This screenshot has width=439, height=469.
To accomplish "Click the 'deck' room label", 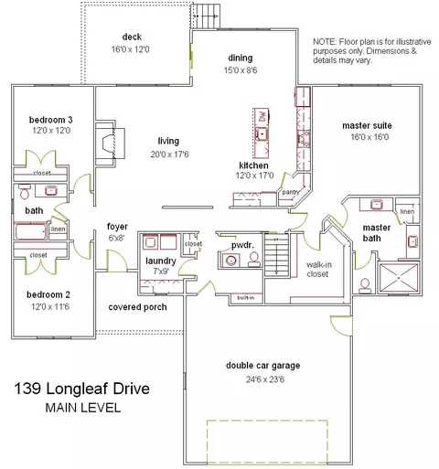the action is (132, 37).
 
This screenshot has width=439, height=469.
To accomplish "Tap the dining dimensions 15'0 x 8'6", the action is (241, 70).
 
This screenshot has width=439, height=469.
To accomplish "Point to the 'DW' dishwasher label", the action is (262, 117).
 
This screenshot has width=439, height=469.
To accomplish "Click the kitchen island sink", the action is (262, 134).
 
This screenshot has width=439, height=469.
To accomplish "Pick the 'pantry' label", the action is (290, 192).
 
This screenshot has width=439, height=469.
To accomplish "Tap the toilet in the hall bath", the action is (24, 191).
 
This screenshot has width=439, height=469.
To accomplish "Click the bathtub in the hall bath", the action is (30, 231).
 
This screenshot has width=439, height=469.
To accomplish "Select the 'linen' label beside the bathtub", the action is (59, 229).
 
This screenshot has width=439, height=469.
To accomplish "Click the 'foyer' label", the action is (117, 227).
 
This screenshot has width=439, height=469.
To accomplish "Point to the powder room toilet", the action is (253, 260).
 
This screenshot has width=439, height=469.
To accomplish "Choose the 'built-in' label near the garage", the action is (246, 297).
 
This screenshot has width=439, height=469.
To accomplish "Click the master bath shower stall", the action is (399, 278).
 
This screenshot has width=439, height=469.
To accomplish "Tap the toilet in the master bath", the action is (365, 286).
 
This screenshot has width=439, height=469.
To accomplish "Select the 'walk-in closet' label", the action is (318, 270).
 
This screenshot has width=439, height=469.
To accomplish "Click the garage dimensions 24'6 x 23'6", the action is (265, 379).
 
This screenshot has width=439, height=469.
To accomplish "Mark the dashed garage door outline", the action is (267, 421).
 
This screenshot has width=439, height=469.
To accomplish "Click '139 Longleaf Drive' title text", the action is (82, 389).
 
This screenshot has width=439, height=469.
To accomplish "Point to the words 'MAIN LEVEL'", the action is (83, 408).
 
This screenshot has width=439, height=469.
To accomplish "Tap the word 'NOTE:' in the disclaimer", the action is (325, 42).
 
